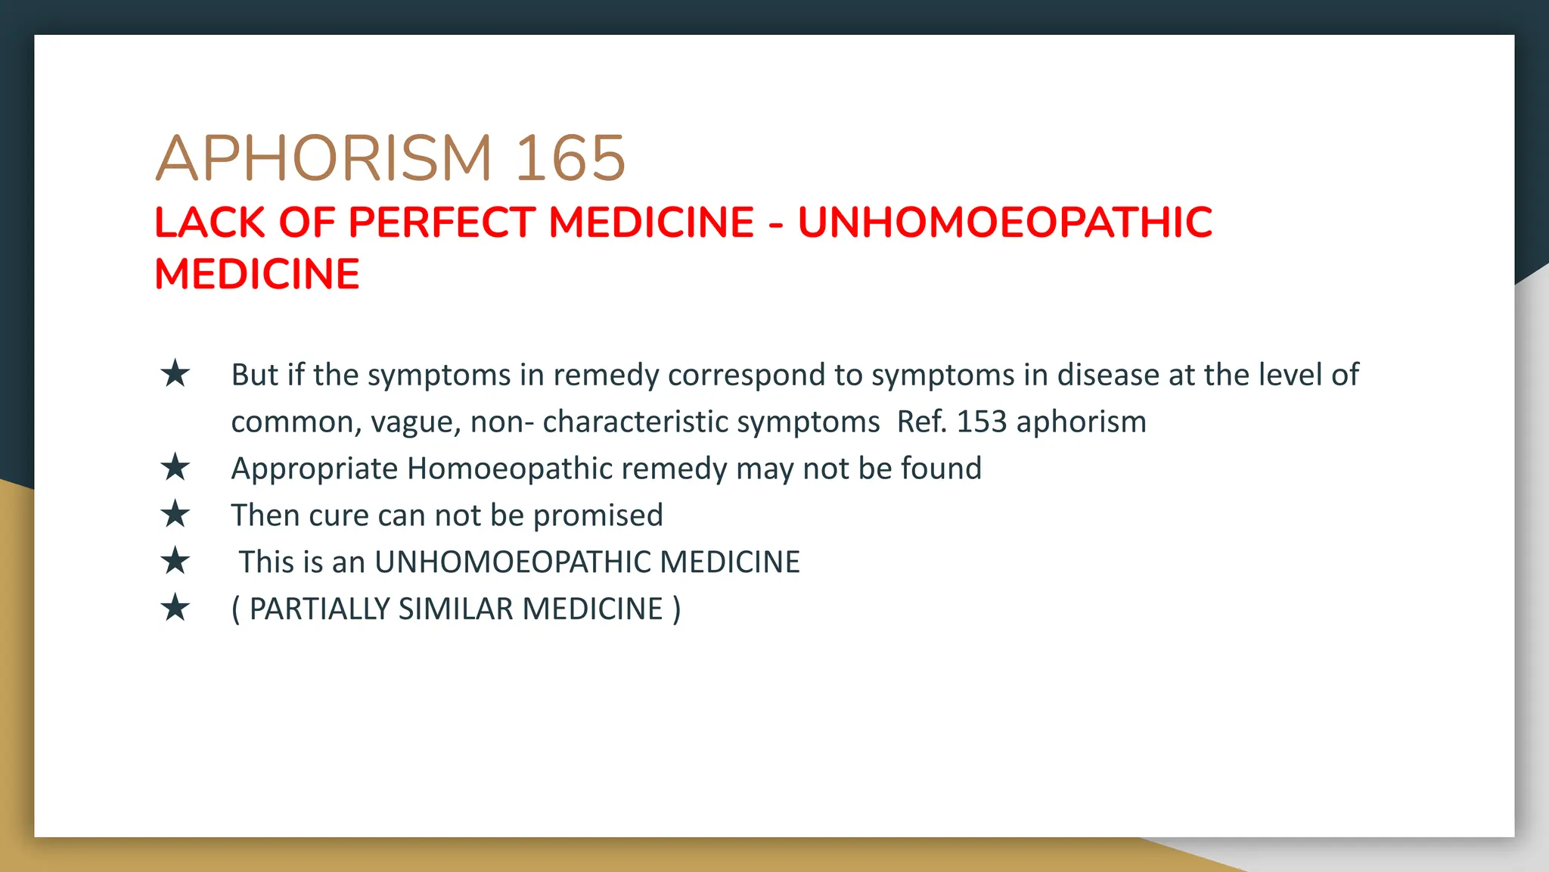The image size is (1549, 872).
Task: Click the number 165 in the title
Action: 570,158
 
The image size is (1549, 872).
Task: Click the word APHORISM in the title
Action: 324,158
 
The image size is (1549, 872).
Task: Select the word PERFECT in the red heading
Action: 441,223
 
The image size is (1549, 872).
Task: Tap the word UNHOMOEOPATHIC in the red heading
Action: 1004,223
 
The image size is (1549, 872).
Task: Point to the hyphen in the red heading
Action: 776,224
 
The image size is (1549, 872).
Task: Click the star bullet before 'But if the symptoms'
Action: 175,374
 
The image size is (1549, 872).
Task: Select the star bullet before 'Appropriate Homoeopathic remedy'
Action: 175,468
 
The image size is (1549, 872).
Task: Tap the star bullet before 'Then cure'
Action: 175,515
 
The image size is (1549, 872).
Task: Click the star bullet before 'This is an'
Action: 175,562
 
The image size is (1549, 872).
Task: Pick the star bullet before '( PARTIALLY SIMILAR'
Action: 175,609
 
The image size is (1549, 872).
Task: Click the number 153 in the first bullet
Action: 981,422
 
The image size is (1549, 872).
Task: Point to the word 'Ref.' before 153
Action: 921,422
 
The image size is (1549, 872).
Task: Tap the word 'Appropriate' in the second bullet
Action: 314,469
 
